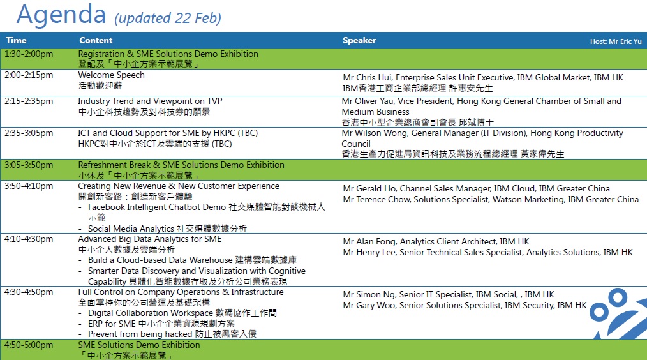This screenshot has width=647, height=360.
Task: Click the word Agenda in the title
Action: pos(61,14)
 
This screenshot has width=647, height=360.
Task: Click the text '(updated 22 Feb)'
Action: pos(168,18)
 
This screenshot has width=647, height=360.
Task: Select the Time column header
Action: pos(16,41)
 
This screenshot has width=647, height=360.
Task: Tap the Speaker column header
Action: pos(359,41)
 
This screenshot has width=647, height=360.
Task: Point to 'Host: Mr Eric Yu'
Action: pos(615,41)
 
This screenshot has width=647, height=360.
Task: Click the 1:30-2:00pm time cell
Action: pos(29,54)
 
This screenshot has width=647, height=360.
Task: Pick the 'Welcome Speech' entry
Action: pos(111,75)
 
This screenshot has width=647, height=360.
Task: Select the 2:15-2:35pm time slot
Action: pos(29,101)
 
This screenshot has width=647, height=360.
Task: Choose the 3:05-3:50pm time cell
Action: pos(29,165)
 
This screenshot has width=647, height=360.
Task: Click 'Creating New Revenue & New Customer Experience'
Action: pos(179,186)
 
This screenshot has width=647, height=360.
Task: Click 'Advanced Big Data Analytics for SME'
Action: pos(150,239)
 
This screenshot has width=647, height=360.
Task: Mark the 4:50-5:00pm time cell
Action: pos(29,345)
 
